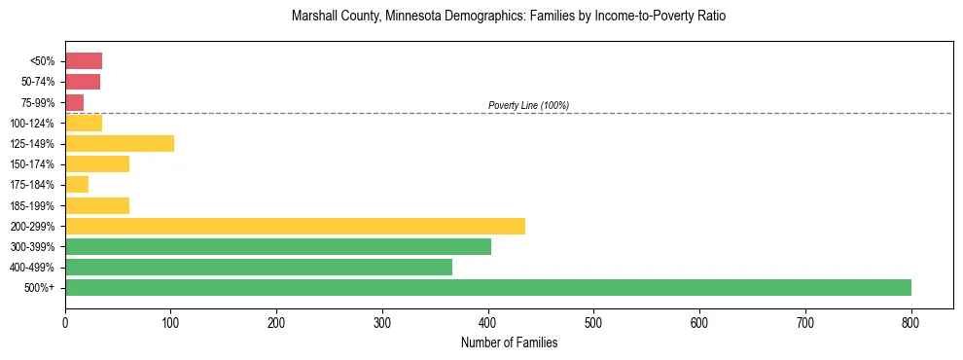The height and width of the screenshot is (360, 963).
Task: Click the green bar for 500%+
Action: (487, 287)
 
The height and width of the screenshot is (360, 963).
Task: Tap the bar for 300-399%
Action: (277, 246)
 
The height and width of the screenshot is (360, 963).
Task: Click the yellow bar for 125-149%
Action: (119, 144)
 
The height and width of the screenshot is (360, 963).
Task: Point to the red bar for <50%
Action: (83, 61)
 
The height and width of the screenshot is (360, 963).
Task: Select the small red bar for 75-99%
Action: (74, 102)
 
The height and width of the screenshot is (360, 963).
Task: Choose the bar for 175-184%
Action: (76, 185)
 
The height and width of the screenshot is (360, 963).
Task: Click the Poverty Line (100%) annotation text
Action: (528, 105)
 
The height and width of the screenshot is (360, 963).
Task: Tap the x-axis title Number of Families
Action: (509, 342)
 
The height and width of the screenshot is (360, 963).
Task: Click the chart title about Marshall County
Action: (509, 17)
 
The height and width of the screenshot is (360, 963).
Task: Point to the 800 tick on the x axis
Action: (910, 321)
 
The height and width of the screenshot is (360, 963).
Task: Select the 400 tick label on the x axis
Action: (488, 321)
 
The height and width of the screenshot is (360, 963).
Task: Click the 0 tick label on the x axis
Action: (65, 321)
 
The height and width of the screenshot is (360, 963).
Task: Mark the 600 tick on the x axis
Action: (699, 321)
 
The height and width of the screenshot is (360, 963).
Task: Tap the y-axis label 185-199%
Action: (32, 206)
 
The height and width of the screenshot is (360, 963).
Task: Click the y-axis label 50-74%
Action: (36, 82)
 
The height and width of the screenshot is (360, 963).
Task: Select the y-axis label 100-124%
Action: (32, 124)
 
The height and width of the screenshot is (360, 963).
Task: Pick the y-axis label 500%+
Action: (40, 288)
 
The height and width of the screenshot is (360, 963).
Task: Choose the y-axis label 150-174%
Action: (32, 164)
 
